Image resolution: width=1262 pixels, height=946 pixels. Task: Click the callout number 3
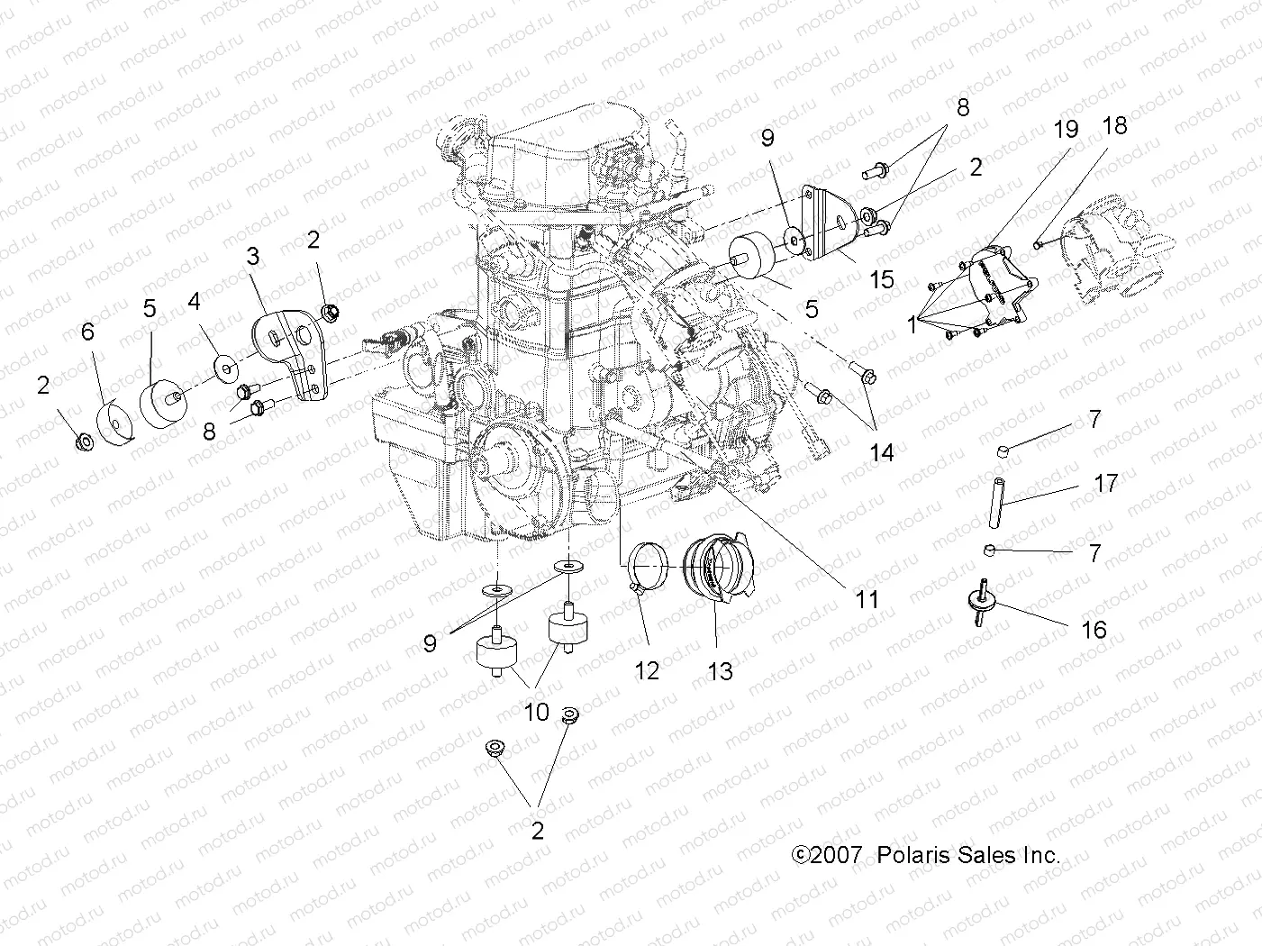[x=253, y=257]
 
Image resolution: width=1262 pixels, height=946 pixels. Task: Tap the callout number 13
[x=721, y=671]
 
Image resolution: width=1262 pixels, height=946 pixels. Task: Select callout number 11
[x=867, y=599]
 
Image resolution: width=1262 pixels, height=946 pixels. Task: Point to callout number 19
[x=1066, y=129]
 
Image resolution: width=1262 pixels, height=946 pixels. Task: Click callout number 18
[x=1114, y=125]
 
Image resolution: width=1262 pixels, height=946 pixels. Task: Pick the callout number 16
[x=1094, y=629]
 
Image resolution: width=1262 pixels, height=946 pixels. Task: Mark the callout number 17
[x=1105, y=484]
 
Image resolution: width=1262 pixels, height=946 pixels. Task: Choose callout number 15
[x=882, y=279]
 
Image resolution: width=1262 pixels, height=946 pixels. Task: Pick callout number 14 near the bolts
[x=881, y=452]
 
